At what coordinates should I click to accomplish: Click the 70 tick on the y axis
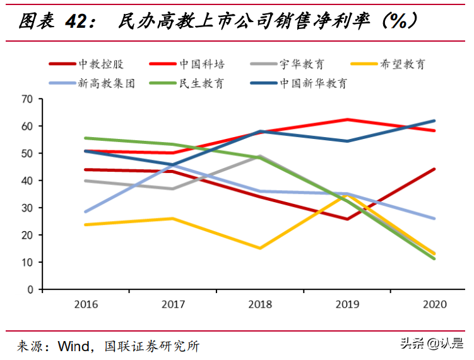pyautogui.click(x=27, y=99)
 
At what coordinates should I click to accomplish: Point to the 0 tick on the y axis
pyautogui.click(x=30, y=289)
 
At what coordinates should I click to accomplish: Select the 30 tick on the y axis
pyautogui.click(x=27, y=208)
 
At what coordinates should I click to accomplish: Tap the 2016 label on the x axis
pyautogui.click(x=86, y=304)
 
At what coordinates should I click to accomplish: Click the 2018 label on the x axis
pyautogui.click(x=261, y=304)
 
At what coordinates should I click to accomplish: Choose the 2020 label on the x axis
pyautogui.click(x=434, y=304)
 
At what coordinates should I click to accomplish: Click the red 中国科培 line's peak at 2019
pyautogui.click(x=347, y=119)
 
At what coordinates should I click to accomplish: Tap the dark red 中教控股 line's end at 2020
pyautogui.click(x=434, y=169)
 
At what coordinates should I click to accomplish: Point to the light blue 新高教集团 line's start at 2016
pyautogui.click(x=86, y=212)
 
